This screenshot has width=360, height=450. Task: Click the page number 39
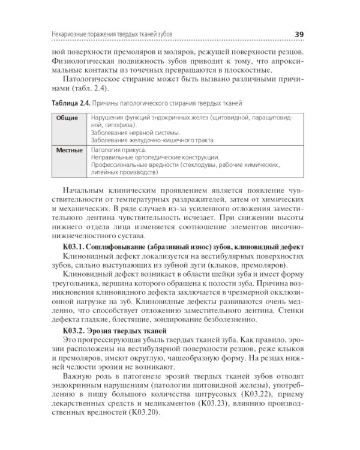pyautogui.click(x=301, y=34)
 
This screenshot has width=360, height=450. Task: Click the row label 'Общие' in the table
pyautogui.click(x=67, y=118)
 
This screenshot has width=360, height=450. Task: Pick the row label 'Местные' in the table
pyautogui.click(x=70, y=150)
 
